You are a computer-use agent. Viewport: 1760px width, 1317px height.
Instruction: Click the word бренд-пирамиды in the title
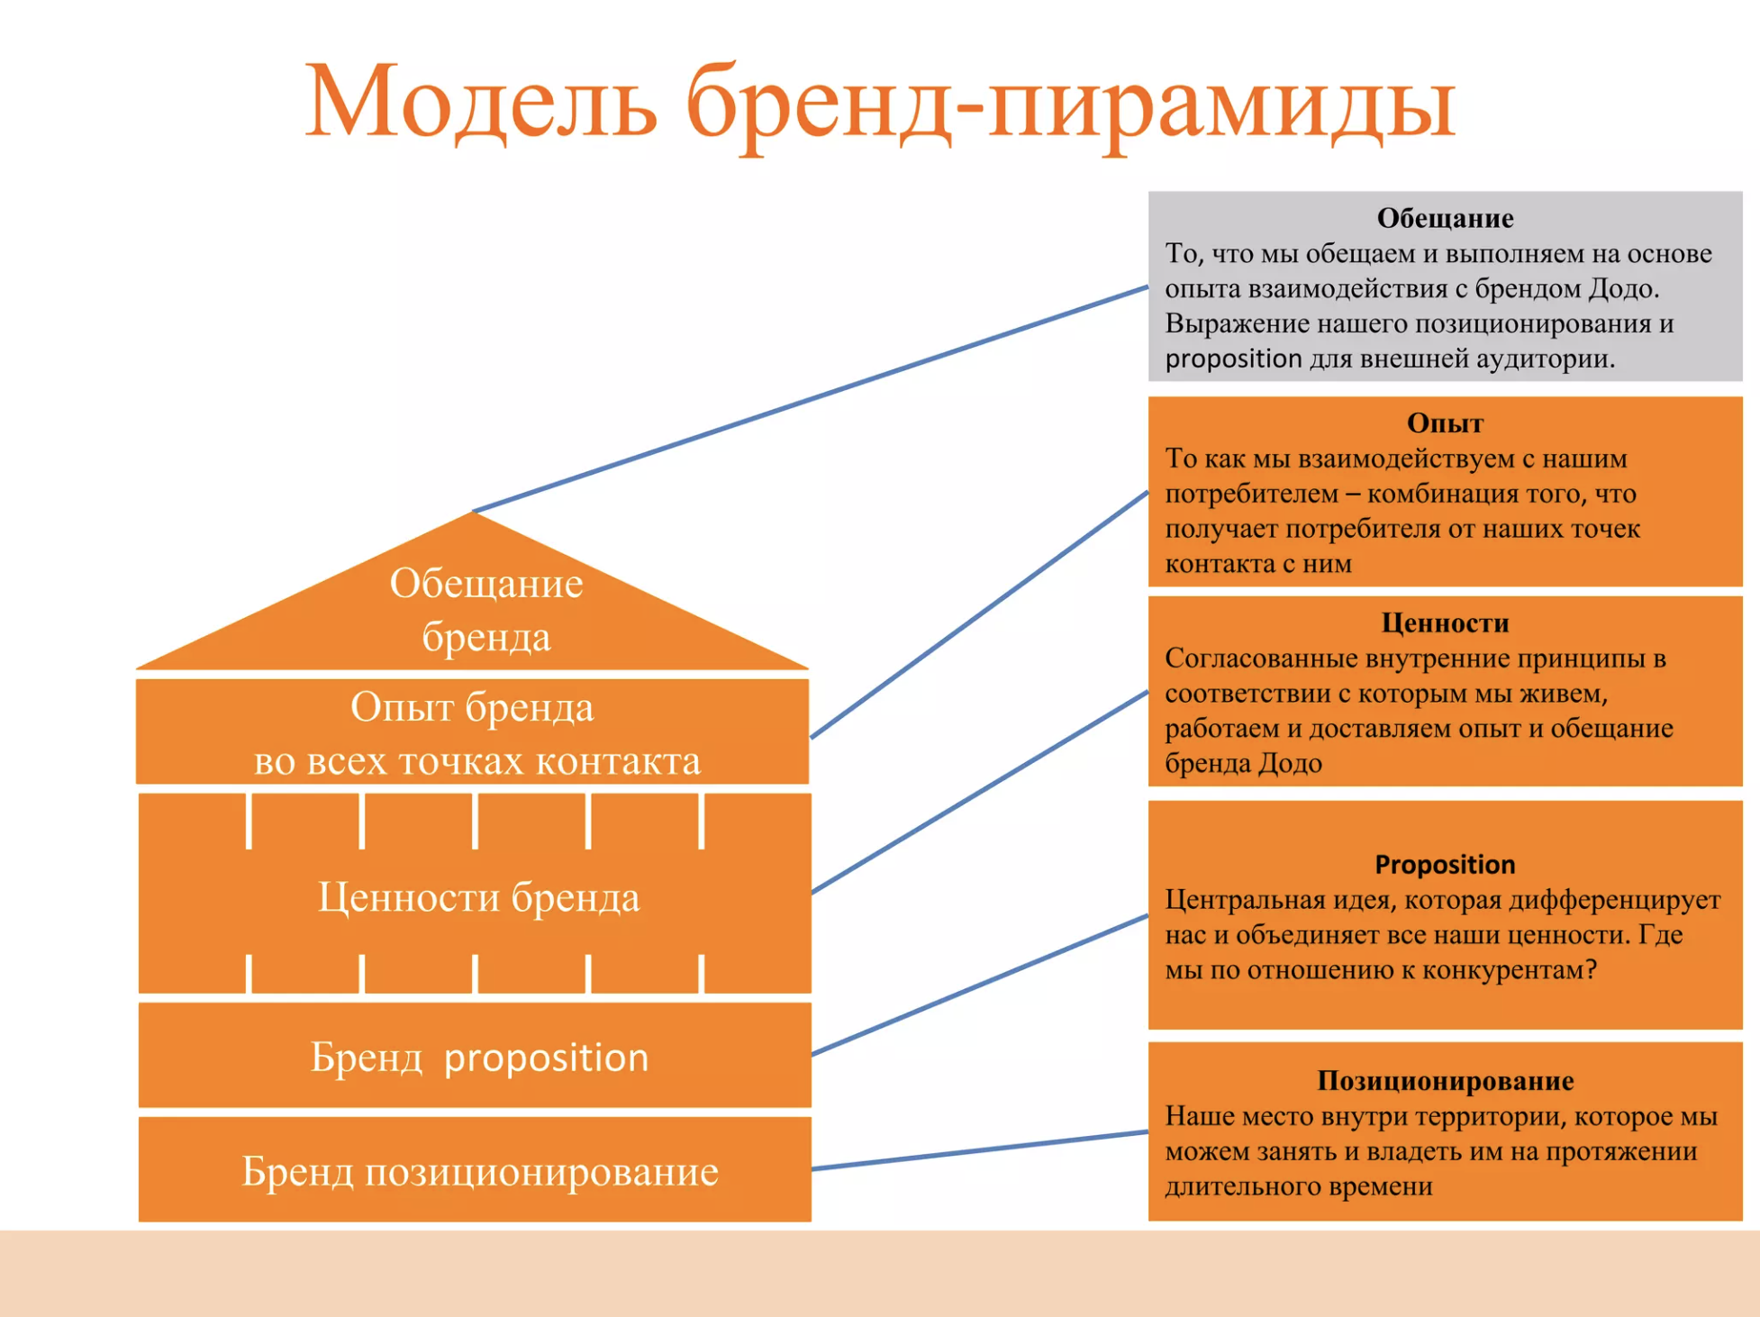(1071, 106)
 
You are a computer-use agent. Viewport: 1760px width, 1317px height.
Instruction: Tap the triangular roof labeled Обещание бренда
(473, 604)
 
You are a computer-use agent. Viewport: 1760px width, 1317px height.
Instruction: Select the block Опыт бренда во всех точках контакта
(473, 732)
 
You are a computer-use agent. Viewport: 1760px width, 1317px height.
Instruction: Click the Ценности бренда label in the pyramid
(479, 897)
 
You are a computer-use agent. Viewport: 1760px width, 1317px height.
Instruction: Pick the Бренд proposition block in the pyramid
(475, 1055)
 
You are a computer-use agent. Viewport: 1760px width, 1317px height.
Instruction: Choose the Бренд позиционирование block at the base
(475, 1169)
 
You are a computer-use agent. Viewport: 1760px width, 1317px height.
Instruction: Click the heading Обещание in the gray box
(1445, 218)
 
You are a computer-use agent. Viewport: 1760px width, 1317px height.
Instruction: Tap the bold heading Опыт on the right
(1445, 422)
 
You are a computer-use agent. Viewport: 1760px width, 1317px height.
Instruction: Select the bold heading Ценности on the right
(1445, 622)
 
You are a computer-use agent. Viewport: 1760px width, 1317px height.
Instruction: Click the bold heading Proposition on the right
(1445, 865)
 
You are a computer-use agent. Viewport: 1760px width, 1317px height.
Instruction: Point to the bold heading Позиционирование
(1445, 1080)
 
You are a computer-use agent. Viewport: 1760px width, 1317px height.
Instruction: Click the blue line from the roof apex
(811, 399)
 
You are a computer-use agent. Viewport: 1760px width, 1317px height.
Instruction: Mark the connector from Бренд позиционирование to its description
(980, 1150)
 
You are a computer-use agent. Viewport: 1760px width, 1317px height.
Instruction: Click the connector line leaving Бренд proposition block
(980, 985)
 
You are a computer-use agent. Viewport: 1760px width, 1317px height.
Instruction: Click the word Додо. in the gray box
(1623, 288)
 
